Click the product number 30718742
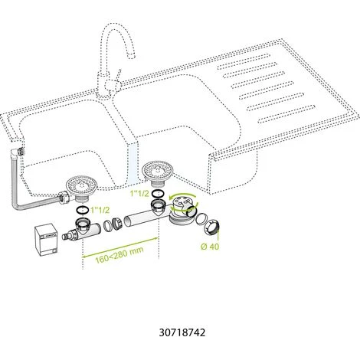pos(181,334)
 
